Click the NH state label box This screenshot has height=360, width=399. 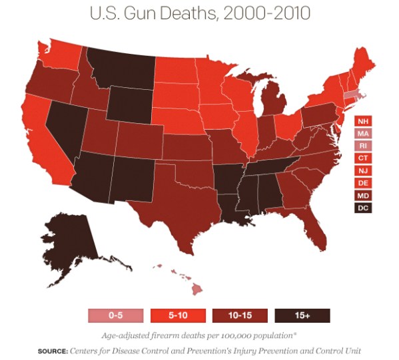(362, 121)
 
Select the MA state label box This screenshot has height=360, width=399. (362, 134)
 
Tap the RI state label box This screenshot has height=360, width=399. (362, 146)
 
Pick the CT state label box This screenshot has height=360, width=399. (362, 158)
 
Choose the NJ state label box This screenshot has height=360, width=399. (362, 171)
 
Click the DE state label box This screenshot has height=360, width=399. (362, 183)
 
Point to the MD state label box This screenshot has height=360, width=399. (362, 196)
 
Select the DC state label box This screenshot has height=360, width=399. (362, 208)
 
